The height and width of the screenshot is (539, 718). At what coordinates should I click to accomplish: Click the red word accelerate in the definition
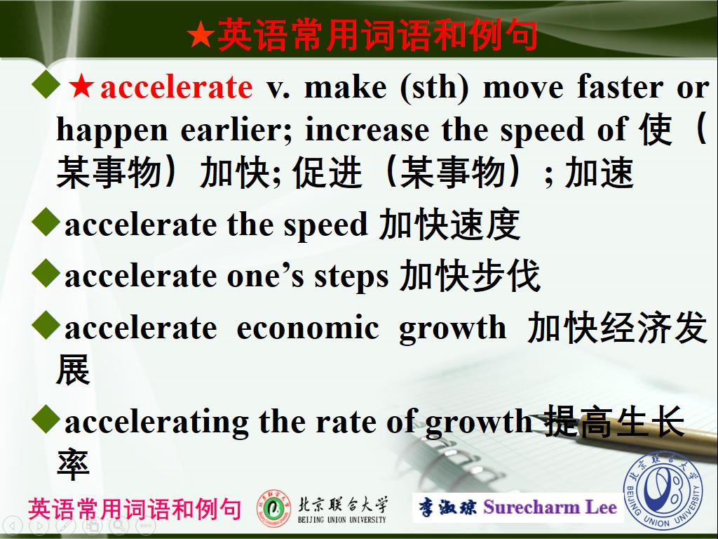(176, 87)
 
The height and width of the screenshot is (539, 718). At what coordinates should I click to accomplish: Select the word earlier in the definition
(236, 130)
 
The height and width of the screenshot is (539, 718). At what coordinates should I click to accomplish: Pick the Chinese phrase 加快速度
(449, 225)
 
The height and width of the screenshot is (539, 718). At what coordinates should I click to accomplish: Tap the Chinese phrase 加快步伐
(470, 277)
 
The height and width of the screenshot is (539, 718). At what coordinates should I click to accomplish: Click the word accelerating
(156, 421)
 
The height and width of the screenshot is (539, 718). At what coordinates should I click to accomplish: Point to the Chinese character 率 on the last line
(73, 464)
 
